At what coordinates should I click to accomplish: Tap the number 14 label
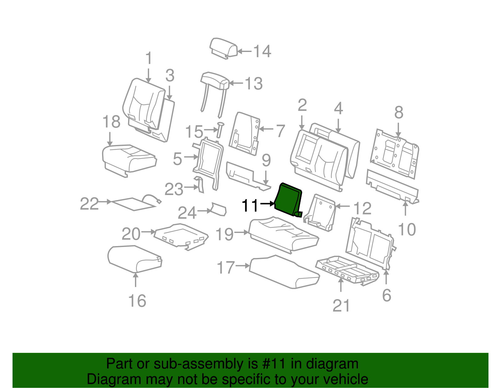coord(262,51)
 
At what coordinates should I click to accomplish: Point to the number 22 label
coord(89,204)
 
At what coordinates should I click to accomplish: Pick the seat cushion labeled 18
coord(128,158)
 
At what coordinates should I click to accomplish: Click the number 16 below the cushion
coord(137,301)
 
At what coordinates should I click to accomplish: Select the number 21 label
coord(341,306)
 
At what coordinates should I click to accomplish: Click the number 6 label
coord(387,295)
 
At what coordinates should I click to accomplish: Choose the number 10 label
coord(407,229)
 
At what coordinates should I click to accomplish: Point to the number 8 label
coord(399,112)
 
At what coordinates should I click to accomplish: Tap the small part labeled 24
coord(219,209)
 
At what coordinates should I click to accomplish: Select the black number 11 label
coord(250,206)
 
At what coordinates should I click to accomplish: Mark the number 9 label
coord(266,160)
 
